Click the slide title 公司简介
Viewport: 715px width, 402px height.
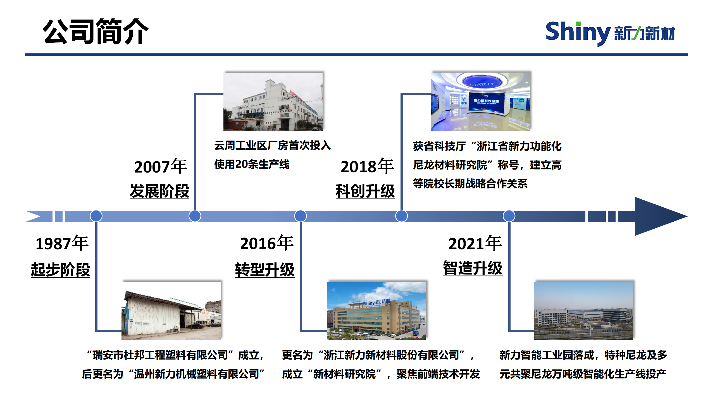pyautogui.click(x=96, y=31)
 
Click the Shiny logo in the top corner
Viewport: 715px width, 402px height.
pyautogui.click(x=610, y=33)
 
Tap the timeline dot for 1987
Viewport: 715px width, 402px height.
pyautogui.click(x=96, y=216)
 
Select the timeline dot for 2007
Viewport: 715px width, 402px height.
pyautogui.click(x=195, y=216)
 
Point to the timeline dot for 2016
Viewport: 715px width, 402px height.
pyautogui.click(x=301, y=216)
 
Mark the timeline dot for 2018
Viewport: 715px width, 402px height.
pyautogui.click(x=402, y=216)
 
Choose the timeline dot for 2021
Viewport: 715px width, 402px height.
pyautogui.click(x=509, y=216)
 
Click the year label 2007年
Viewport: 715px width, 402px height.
pyautogui.click(x=161, y=166)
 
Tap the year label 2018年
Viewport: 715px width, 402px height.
pyautogui.click(x=367, y=166)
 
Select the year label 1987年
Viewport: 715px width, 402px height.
pyautogui.click(x=62, y=243)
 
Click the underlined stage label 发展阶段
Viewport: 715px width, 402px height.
pyautogui.click(x=160, y=191)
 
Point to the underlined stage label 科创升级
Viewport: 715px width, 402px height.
pyautogui.click(x=365, y=191)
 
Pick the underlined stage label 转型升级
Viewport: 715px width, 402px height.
pyautogui.click(x=265, y=270)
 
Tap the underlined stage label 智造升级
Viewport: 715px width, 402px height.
pyautogui.click(x=473, y=268)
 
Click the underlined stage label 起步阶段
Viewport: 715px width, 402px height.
pyautogui.click(x=61, y=270)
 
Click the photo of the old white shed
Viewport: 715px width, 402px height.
pyautogui.click(x=171, y=310)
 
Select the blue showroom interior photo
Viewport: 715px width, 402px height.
pyautogui.click(x=480, y=101)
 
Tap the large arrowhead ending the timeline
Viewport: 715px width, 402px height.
pyautogui.click(x=661, y=216)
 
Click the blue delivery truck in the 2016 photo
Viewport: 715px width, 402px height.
pyautogui.click(x=416, y=333)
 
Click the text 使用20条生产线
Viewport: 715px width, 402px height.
pyautogui.click(x=252, y=164)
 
